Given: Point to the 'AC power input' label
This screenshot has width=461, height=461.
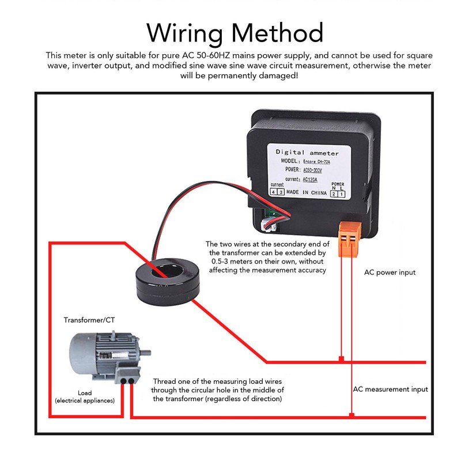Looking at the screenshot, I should coord(390,272).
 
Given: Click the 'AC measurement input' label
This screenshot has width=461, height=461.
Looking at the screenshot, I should coord(390,389).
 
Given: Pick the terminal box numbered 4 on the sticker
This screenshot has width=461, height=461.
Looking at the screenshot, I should coord(274,191).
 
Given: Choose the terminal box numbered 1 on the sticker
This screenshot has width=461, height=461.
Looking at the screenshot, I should coord(341,194).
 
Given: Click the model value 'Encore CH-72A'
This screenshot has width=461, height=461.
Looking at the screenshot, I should coord(315,162).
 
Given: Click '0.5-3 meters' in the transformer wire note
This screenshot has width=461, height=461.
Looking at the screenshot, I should coord(226,262).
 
